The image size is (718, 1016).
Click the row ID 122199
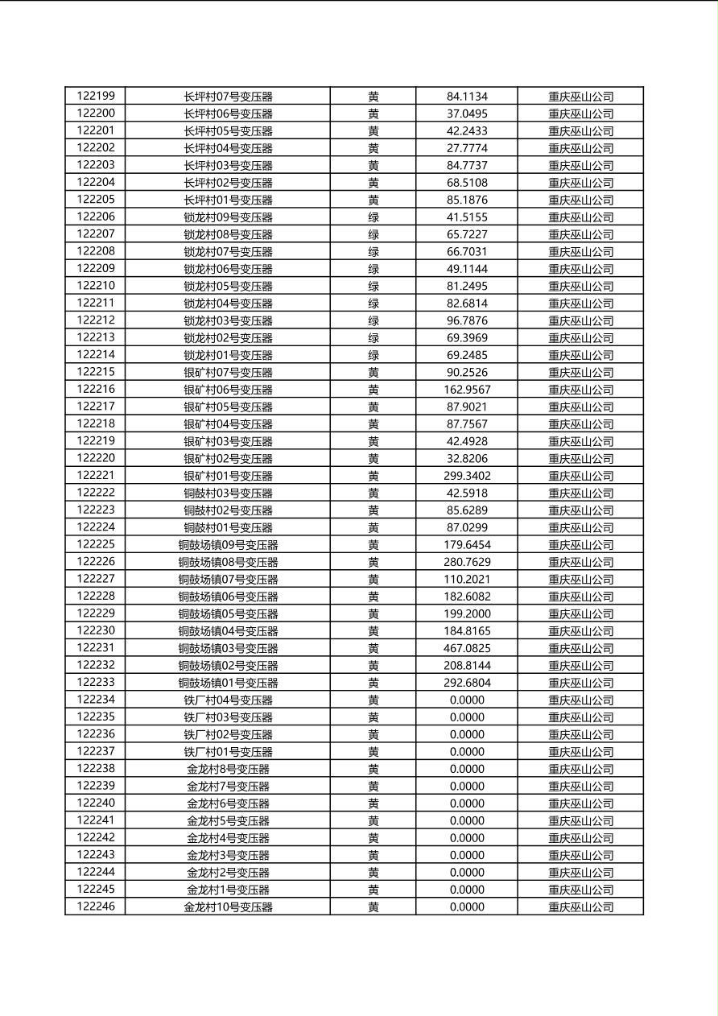tap(96, 97)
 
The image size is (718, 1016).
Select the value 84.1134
tap(467, 97)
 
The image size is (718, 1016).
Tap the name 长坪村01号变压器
tap(228, 200)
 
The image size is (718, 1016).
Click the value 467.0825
tap(467, 648)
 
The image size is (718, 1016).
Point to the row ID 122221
tap(96, 476)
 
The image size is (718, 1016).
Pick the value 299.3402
tap(467, 476)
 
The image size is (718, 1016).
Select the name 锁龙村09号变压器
tap(228, 217)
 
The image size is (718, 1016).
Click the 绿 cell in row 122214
tap(373, 355)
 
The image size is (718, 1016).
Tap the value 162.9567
tap(467, 390)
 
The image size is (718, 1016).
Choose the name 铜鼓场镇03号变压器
tap(228, 648)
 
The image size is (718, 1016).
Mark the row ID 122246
tap(96, 907)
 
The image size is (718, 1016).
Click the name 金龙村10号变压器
tap(228, 907)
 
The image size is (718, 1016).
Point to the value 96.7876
tap(467, 320)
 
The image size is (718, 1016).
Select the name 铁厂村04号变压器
tap(228, 700)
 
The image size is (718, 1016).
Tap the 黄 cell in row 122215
tap(373, 372)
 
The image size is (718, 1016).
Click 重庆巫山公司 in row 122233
tap(580, 683)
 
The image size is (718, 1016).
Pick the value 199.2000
tap(467, 613)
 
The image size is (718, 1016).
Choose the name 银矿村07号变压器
tap(228, 372)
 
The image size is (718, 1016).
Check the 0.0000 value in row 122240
tap(467, 803)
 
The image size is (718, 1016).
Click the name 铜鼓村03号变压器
tap(228, 493)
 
